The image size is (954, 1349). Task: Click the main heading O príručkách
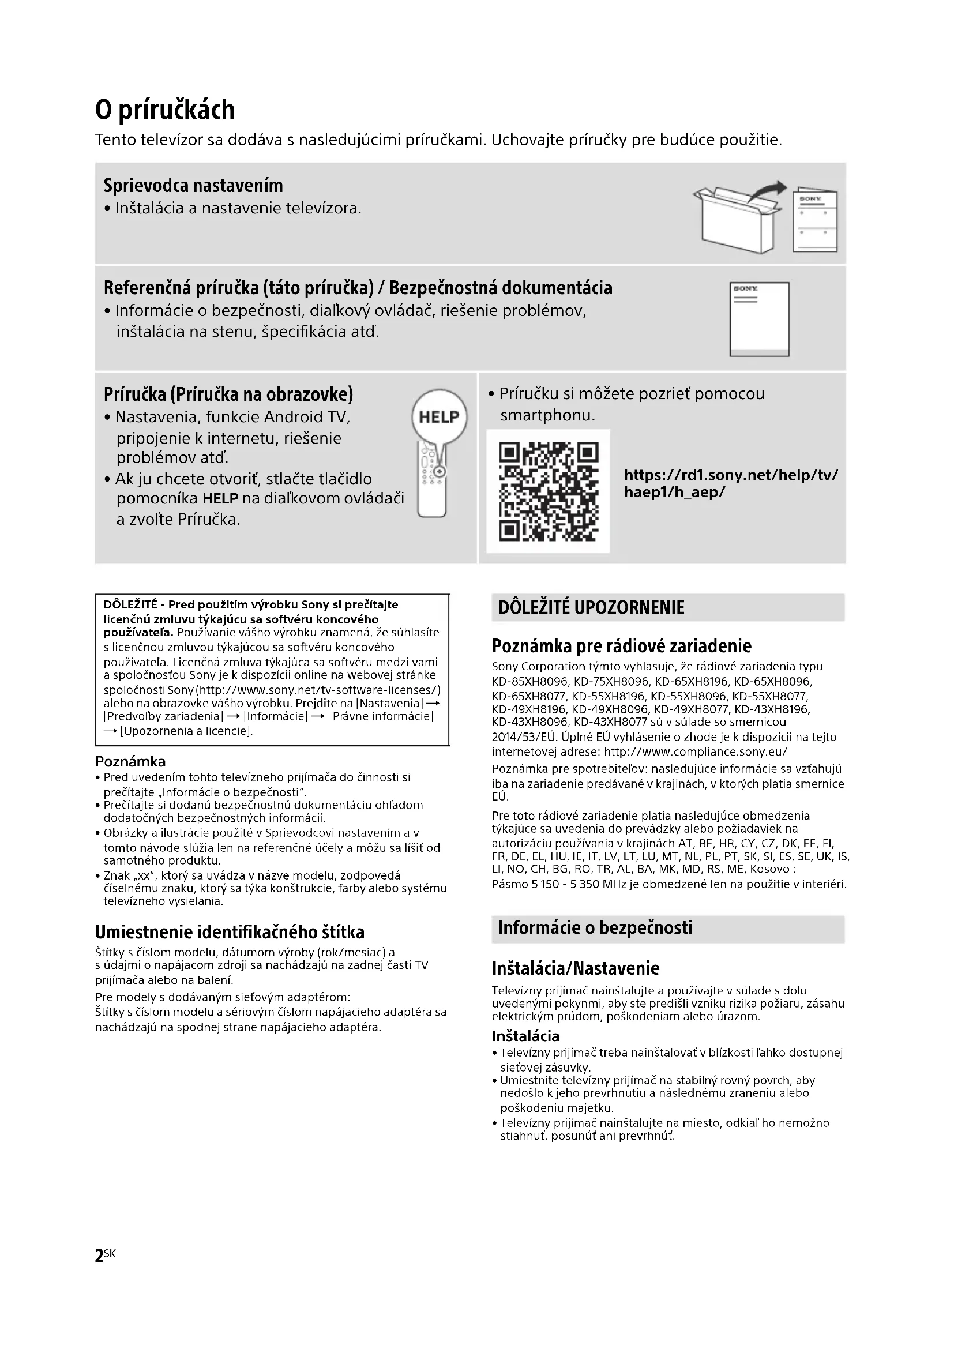(165, 110)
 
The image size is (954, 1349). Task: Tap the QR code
(548, 491)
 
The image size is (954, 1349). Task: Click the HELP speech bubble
(440, 416)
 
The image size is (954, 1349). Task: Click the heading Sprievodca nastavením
(193, 186)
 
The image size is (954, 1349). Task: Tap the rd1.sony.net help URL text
(731, 483)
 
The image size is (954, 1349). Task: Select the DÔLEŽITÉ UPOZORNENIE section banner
(668, 607)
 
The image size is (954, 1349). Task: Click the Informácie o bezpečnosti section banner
(668, 928)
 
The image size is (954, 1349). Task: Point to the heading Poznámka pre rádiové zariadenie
(622, 646)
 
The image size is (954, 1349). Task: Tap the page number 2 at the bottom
(99, 1257)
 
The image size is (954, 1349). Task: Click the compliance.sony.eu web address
(696, 752)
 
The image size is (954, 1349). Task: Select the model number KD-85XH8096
(530, 682)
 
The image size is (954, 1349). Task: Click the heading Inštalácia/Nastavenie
(576, 968)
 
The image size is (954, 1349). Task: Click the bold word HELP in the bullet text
(220, 499)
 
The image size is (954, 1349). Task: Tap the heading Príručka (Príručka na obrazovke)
(228, 394)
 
